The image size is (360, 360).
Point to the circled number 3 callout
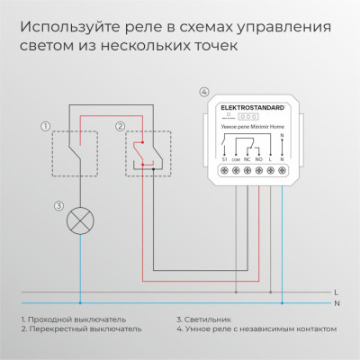click(x=58, y=206)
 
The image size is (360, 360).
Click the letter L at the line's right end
click(x=335, y=292)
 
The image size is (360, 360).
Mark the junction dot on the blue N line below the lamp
click(x=80, y=302)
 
